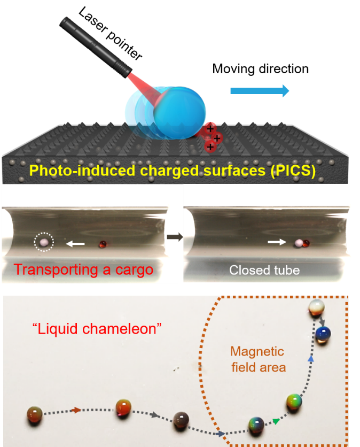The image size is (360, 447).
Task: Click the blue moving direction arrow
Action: click(260, 91)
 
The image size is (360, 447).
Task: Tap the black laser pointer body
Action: click(96, 48)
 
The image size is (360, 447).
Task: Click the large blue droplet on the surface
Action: click(179, 113)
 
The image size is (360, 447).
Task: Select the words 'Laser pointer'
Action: click(110, 34)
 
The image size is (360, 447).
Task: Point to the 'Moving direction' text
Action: click(260, 69)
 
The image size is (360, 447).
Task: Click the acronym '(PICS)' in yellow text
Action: click(293, 171)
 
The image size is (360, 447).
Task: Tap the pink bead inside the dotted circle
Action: click(44, 242)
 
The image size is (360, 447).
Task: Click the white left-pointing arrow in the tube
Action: click(75, 243)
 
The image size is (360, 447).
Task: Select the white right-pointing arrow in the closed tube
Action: click(277, 242)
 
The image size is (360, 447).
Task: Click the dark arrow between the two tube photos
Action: click(175, 237)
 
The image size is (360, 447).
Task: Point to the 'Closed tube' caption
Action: click(264, 270)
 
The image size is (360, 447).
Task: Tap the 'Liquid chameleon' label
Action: click(97, 329)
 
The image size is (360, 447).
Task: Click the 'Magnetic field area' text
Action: click(258, 359)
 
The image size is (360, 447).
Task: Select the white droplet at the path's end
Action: click(316, 307)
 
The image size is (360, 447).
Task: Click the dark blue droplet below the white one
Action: click(323, 334)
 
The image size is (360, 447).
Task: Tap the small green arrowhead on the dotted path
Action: click(276, 421)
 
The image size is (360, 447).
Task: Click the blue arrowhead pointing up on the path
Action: click(311, 358)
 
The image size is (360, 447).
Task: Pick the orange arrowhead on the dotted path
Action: click(76, 410)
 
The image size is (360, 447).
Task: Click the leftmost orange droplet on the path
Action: click(35, 415)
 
